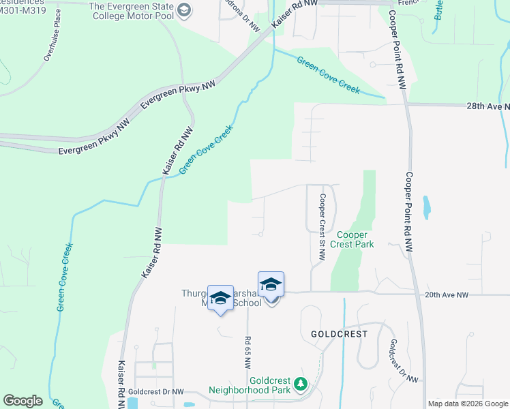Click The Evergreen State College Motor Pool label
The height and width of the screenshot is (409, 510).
[x=131, y=11]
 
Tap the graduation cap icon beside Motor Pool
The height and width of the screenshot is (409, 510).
[x=183, y=10]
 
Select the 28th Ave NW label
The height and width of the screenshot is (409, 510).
[x=488, y=107]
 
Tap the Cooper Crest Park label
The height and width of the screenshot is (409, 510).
[x=352, y=239]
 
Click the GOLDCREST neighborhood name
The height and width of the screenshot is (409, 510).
[x=339, y=335]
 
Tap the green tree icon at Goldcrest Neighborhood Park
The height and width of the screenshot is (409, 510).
[x=300, y=386]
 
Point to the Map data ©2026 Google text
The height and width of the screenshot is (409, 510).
[x=467, y=404]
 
